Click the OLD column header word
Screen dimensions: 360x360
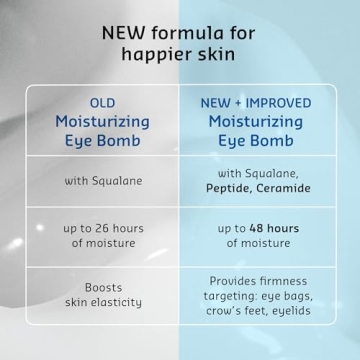coord(103,102)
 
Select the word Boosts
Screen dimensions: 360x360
coord(103,287)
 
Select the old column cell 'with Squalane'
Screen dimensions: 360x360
coord(103,181)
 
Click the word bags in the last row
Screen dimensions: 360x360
coord(297,296)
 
